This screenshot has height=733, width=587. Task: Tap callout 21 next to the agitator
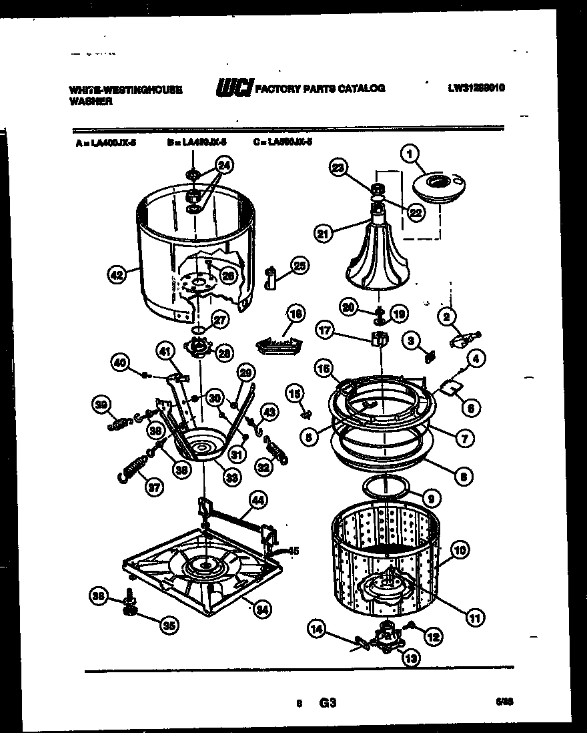324,233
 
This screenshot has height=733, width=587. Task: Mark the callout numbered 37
154,487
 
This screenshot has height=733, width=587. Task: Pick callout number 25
300,266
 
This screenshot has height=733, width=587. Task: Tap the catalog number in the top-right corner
476,87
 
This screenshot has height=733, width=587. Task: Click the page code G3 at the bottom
327,703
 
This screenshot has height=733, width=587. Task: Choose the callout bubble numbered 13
409,658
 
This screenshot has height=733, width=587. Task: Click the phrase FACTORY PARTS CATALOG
320,88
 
